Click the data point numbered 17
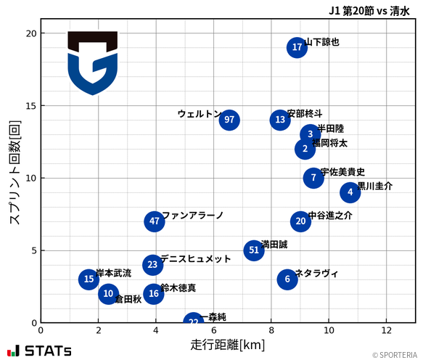coord(297,48)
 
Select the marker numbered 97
coord(229,120)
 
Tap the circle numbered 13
coord(281,120)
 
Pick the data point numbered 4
coord(350,192)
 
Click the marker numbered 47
coord(154,221)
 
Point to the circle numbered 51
coord(253,250)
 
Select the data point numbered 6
coord(287,279)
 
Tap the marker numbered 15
coord(89,279)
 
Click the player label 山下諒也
coord(322,42)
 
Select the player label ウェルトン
coord(199,114)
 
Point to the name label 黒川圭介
coord(375,186)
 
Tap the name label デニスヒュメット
coord(195,258)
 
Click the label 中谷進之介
coord(330,216)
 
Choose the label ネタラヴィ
coord(316,273)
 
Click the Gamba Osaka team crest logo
coord(92,63)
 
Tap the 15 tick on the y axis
coord(30,105)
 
